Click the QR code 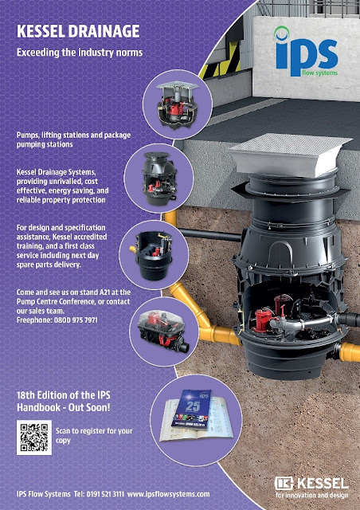pos(34,437)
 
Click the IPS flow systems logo pos(307,52)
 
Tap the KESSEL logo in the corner pos(311,488)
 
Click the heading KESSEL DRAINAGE pos(78,32)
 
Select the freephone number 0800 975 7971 pos(76,320)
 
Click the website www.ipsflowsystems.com pos(169,494)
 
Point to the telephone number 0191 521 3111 pos(105,494)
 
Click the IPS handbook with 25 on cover pos(191,408)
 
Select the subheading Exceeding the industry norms pos(80,53)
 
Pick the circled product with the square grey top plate pos(178,104)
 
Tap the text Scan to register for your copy pos(94,436)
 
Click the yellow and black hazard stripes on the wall pos(222,63)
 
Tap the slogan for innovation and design pos(312,496)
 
